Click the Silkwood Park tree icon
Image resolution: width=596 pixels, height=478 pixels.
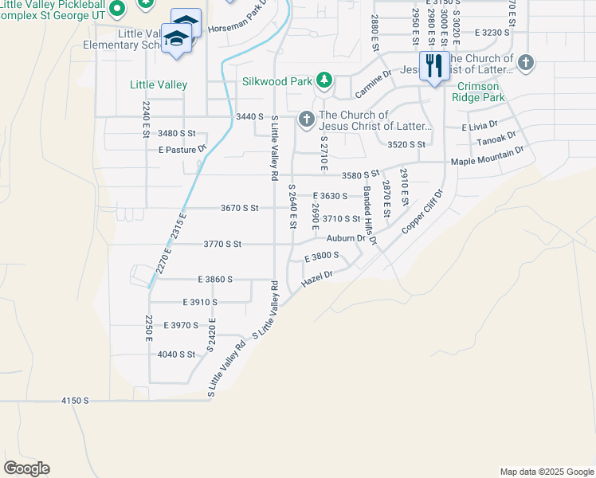coord(323,80)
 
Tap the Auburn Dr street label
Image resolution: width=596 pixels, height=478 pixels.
coord(346,237)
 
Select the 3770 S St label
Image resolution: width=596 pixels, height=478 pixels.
coord(222,244)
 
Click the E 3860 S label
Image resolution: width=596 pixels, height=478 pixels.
coord(215,280)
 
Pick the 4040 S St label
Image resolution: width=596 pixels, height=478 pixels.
coord(176,354)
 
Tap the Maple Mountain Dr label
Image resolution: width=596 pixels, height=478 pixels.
coord(488,156)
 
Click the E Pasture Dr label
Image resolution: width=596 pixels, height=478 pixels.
coord(182,149)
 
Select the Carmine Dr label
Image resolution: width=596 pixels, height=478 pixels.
coord(373,84)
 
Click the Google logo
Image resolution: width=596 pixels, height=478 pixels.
coord(26,468)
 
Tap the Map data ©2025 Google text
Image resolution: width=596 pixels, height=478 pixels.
coord(546,472)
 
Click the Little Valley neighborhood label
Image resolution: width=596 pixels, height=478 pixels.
coord(159,84)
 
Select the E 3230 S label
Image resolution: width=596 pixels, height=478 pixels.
coord(492,33)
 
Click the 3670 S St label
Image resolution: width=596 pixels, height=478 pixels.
coord(240,209)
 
